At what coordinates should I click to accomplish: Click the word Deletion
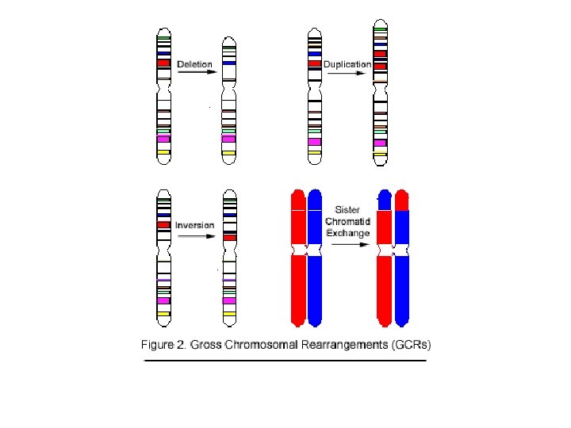194,63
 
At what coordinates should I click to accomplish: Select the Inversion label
194,225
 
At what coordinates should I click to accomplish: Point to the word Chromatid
348,222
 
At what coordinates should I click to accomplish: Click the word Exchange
348,233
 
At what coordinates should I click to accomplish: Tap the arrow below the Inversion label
196,235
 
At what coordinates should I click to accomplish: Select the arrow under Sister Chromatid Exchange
350,244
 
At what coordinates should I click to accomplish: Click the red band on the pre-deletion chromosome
163,62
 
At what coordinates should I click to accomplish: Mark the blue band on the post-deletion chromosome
229,63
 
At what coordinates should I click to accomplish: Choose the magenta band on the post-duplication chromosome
381,143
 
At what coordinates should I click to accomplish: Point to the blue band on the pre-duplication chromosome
314,53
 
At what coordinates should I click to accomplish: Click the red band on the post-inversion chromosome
230,237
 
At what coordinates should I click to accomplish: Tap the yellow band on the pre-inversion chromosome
163,314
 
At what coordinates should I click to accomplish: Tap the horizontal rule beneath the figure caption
285,361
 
